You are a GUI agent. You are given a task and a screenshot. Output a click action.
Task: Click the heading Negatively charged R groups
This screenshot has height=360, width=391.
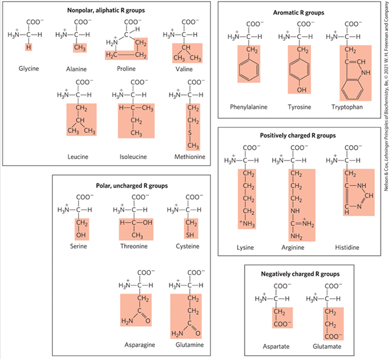[300, 274]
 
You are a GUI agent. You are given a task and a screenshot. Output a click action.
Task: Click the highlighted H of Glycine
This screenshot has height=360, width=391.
[28, 47]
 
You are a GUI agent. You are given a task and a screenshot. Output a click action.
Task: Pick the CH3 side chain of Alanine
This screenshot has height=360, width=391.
[80, 48]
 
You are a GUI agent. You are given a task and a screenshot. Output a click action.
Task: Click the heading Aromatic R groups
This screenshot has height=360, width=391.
[299, 12]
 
